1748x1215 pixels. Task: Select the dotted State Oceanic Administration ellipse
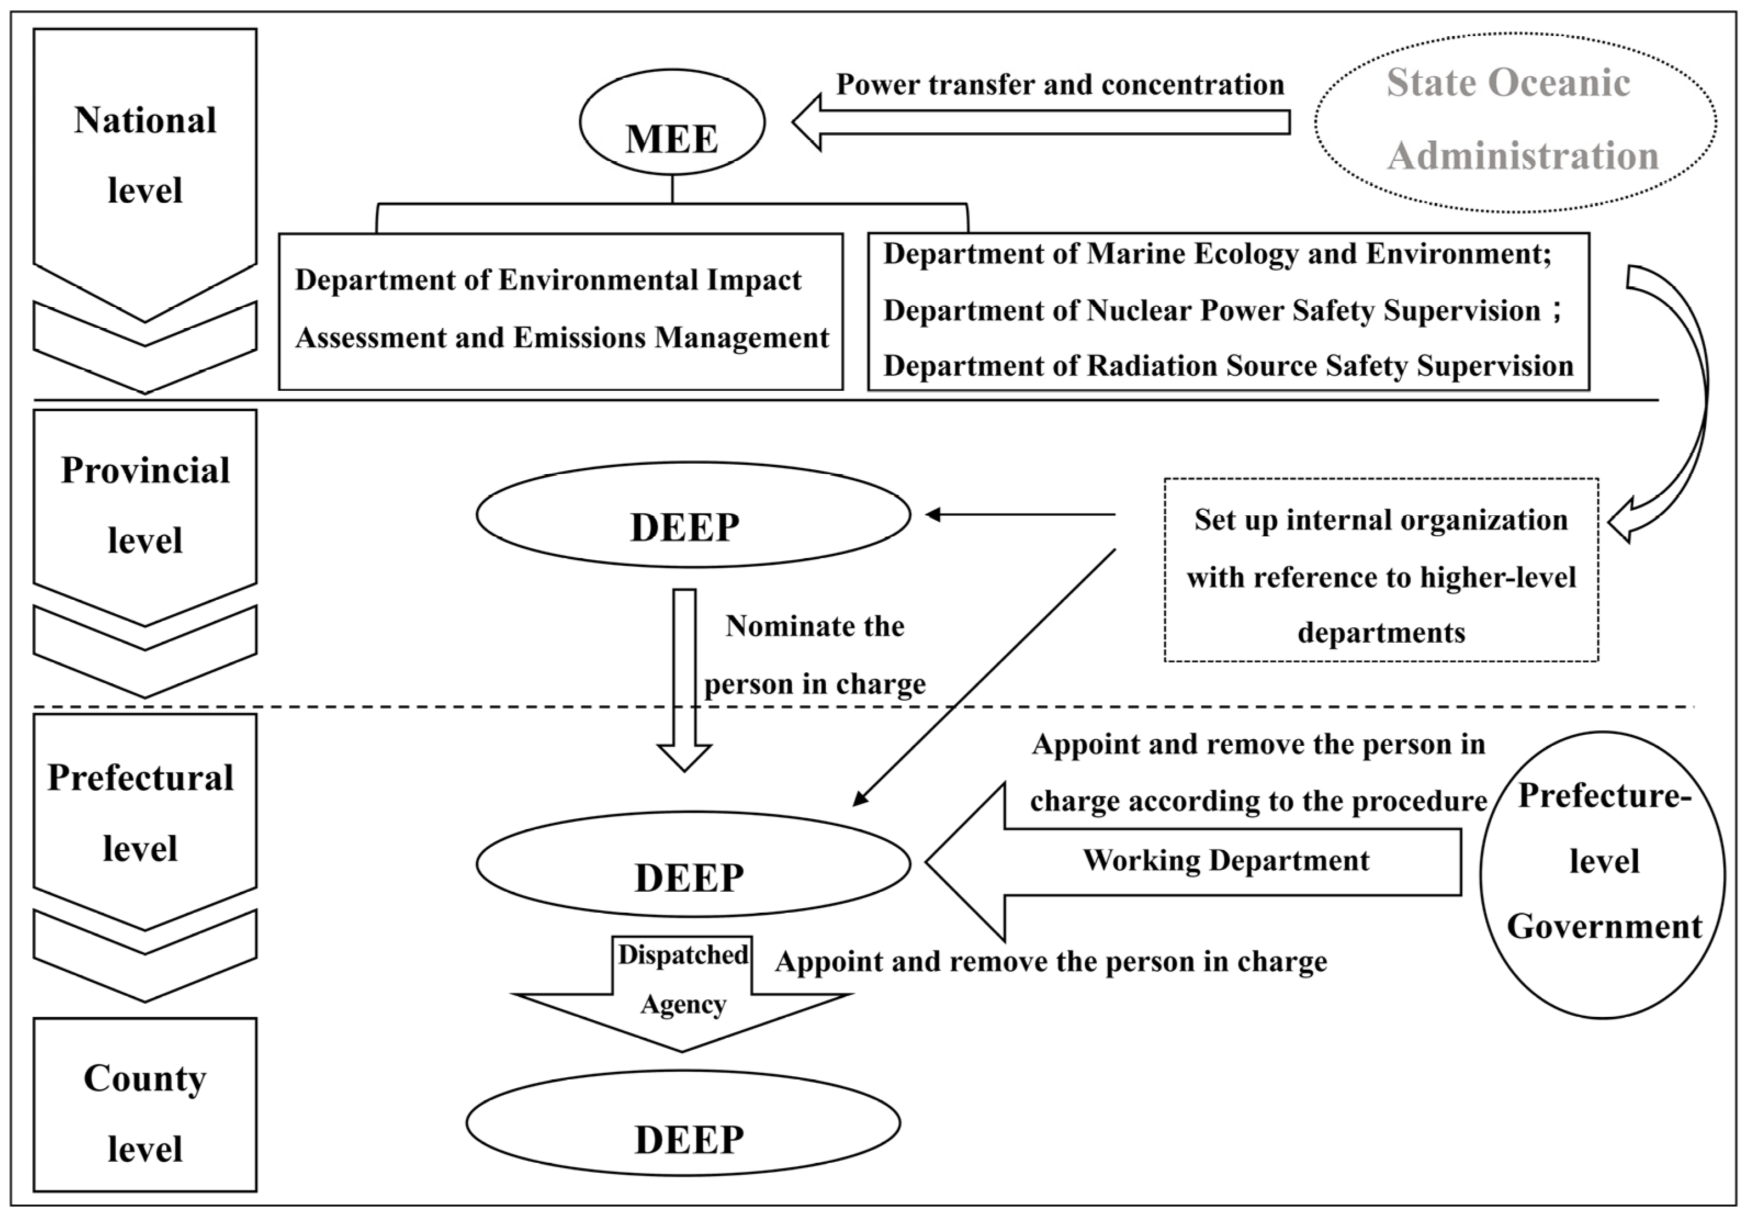pos(1514,122)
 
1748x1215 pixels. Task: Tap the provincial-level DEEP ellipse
pos(692,515)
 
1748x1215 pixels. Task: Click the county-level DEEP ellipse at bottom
pos(684,1123)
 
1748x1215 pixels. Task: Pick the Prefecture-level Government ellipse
pos(1603,875)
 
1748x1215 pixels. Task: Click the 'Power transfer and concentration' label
pos(1059,85)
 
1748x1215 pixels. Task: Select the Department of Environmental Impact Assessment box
pos(561,311)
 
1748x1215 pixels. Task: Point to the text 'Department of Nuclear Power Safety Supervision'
pos(1211,311)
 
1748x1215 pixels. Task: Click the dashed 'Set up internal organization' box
pos(1380,570)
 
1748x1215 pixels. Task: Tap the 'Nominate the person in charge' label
pos(814,655)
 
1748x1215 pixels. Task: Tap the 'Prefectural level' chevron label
pos(142,812)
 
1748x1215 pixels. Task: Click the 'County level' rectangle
pos(145,1114)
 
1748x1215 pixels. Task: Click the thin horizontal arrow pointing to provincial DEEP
pos(1020,515)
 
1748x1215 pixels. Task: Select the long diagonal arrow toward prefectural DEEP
pos(982,678)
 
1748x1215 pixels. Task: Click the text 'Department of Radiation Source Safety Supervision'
pos(1227,366)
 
